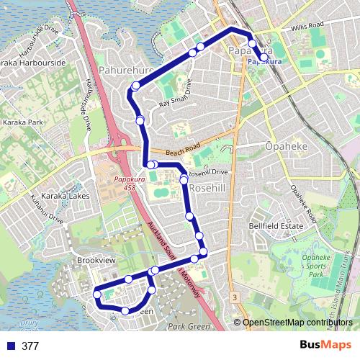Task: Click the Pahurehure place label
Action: pyautogui.click(x=126, y=71)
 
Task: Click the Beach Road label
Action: pyautogui.click(x=181, y=151)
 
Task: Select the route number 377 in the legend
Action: pyautogui.click(x=30, y=346)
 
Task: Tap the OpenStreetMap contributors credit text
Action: pyautogui.click(x=298, y=323)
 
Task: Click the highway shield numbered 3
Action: pyautogui.click(x=235, y=297)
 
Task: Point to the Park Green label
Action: pyautogui.click(x=189, y=327)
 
